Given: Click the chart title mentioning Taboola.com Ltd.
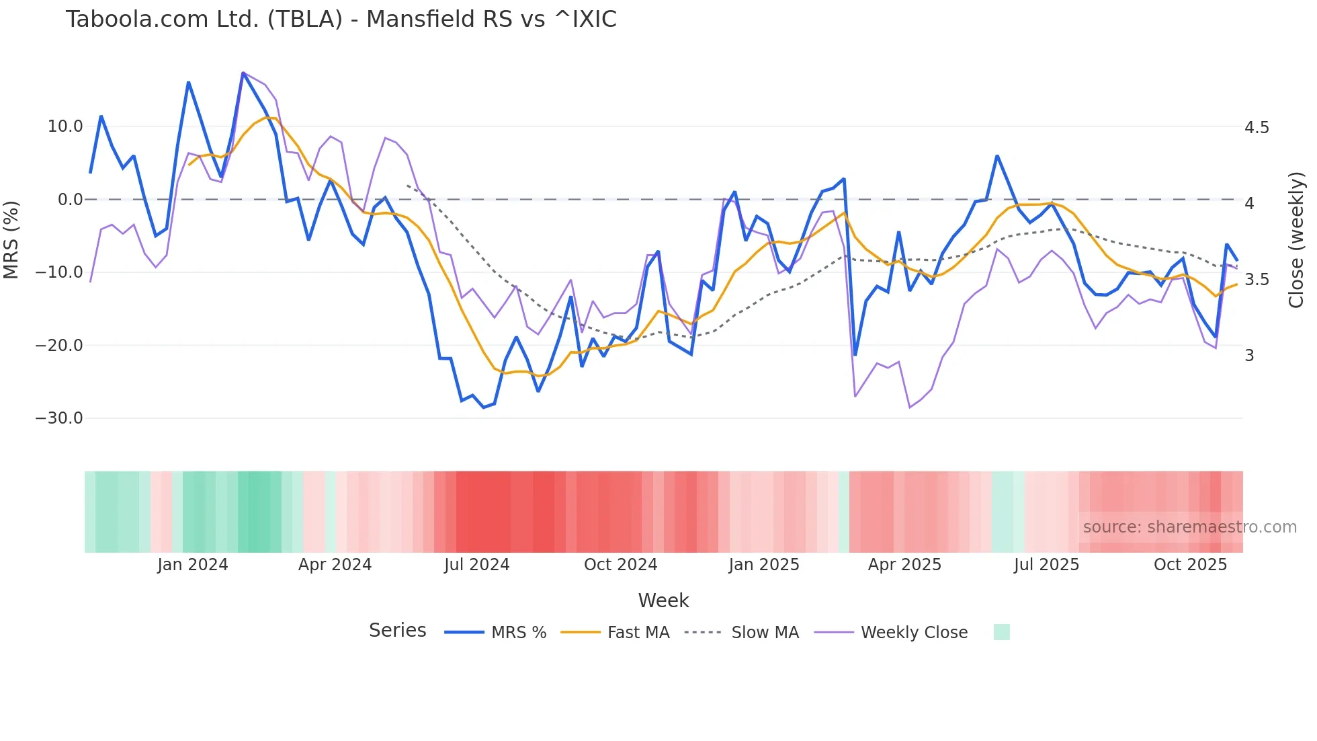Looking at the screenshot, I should pyautogui.click(x=341, y=19).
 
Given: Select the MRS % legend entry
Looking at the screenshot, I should pyautogui.click(x=518, y=633).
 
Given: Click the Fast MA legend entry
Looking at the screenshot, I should pyautogui.click(x=638, y=633).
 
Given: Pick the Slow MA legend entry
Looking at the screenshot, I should pyautogui.click(x=765, y=633).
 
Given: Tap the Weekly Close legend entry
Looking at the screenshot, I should pyautogui.click(x=914, y=633).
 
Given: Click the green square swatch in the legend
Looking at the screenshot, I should pyautogui.click(x=1001, y=632).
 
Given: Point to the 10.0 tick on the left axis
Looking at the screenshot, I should pyautogui.click(x=65, y=126).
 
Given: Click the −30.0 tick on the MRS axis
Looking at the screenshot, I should pyautogui.click(x=59, y=418).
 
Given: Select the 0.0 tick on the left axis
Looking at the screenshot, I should pyautogui.click(x=70, y=200).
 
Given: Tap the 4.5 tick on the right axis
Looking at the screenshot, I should pyautogui.click(x=1257, y=128).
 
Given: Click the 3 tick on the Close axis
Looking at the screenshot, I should pyautogui.click(x=1249, y=356).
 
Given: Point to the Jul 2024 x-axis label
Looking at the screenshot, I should pyautogui.click(x=476, y=565).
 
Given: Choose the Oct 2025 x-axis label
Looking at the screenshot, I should pyautogui.click(x=1190, y=565).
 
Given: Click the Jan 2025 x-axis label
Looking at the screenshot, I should pyautogui.click(x=764, y=565).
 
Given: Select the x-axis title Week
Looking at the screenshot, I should pyautogui.click(x=663, y=600).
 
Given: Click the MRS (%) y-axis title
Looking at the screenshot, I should pyautogui.click(x=11, y=239).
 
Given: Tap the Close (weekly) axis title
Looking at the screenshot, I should pyautogui.click(x=1296, y=240).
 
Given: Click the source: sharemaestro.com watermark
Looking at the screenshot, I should pyautogui.click(x=1189, y=527).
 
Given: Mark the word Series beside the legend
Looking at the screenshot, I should pyautogui.click(x=397, y=631).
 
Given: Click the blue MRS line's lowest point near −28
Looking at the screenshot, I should pyautogui.click(x=483, y=407).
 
